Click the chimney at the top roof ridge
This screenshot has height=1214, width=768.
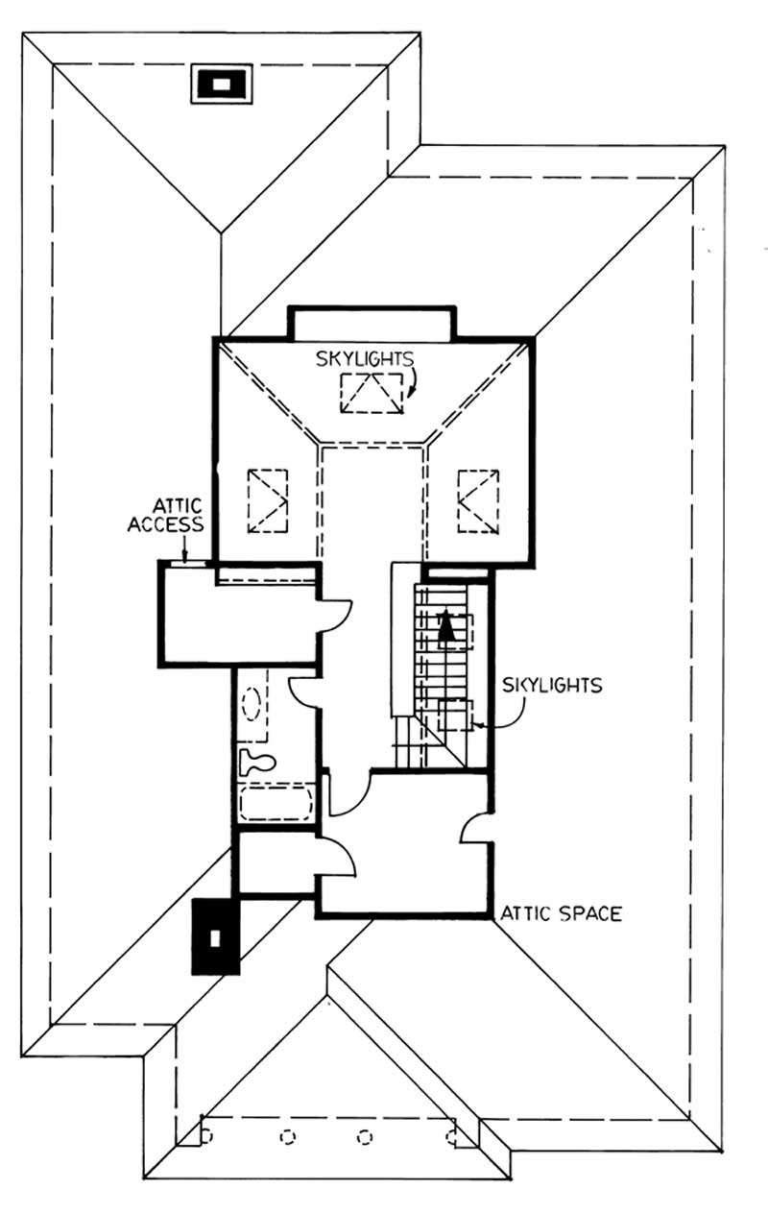coord(222,84)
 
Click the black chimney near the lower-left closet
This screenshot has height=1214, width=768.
coord(215,935)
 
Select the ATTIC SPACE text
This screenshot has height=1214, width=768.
coord(560,913)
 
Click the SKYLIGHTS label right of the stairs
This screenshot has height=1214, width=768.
coord(552,685)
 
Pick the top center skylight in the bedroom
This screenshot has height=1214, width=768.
coord(372,393)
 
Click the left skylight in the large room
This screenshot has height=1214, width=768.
coord(268,500)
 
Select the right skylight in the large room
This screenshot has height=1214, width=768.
coord(477,500)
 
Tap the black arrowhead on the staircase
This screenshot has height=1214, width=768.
coord(444,626)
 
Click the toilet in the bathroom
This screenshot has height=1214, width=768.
coord(257,763)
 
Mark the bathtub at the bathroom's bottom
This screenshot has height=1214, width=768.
coord(276,802)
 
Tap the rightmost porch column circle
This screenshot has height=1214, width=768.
coord(451,1136)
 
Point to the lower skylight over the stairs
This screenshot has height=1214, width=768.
coord(455,716)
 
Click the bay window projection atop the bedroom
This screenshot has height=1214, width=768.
coord(371,323)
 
